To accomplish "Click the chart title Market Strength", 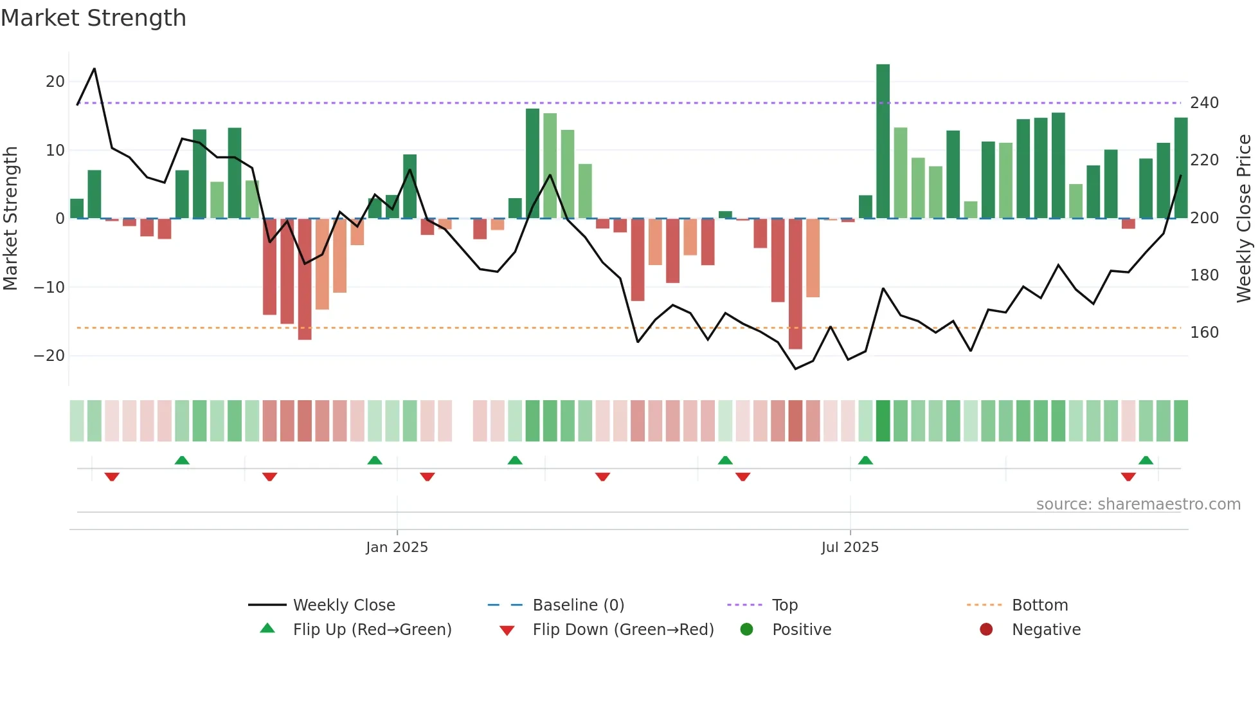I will click(x=93, y=18).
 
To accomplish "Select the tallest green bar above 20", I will click(x=883, y=142).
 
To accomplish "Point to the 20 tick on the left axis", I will click(x=55, y=82).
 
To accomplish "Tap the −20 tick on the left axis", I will click(x=50, y=356).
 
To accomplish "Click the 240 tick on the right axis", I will click(x=1204, y=103).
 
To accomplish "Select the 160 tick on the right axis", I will click(x=1204, y=333).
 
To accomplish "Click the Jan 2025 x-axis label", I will click(x=397, y=548).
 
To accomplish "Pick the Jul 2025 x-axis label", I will click(x=849, y=548).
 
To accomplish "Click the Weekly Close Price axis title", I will click(x=1244, y=219).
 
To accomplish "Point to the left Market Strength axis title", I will click(x=10, y=219).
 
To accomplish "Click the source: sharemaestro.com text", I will click(x=1138, y=504).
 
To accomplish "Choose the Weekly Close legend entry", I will click(x=344, y=605).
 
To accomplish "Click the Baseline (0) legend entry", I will click(x=578, y=605).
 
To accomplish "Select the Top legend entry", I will click(x=784, y=605).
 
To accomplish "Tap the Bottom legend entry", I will click(x=1039, y=605).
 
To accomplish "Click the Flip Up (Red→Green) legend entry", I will click(x=372, y=630).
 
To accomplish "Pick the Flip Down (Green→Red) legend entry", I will click(x=622, y=630).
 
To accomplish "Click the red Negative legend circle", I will click(x=986, y=629).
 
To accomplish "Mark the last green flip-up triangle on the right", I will click(x=1146, y=460).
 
